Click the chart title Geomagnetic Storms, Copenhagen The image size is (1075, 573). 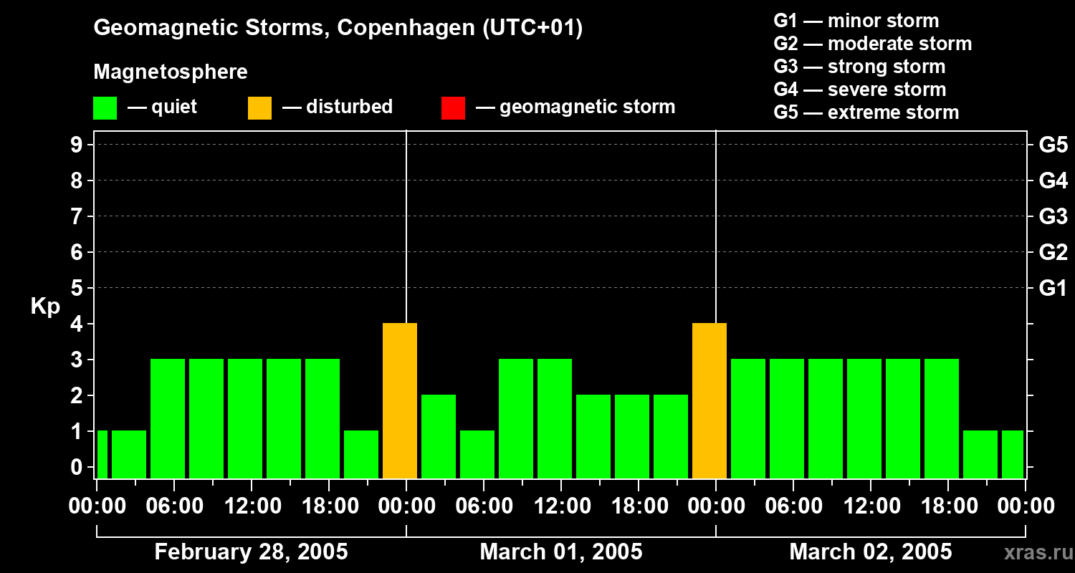[338, 28]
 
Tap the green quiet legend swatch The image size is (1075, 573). [105, 108]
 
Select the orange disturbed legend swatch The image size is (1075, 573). [259, 108]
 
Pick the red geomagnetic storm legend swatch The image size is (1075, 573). [453, 108]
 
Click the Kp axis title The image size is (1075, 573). [45, 307]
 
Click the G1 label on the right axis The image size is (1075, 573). [1053, 289]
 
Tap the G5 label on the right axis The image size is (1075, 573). [1053, 145]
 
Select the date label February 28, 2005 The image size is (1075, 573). [251, 552]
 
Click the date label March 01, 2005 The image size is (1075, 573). [560, 552]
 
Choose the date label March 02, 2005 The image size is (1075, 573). [870, 552]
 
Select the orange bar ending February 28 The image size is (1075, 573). [400, 400]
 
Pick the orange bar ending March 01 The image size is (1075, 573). [709, 400]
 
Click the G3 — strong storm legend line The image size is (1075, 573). [859, 67]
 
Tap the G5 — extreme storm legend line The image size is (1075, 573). [866, 112]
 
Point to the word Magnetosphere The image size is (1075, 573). [171, 72]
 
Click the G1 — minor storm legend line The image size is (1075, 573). [856, 21]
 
